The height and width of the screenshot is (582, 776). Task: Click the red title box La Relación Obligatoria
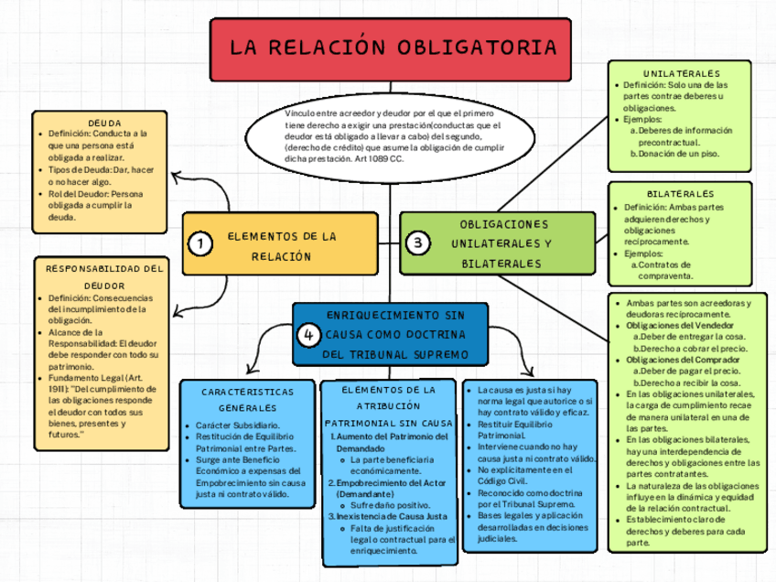pyautogui.click(x=392, y=48)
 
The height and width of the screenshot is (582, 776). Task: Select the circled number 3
pyautogui.click(x=417, y=243)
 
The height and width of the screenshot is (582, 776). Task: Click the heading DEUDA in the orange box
pyautogui.click(x=104, y=122)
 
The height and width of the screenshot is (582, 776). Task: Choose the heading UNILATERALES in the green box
pyautogui.click(x=681, y=73)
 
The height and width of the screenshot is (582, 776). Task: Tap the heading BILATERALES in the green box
pyautogui.click(x=680, y=194)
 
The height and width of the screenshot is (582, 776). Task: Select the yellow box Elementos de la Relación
pyautogui.click(x=280, y=244)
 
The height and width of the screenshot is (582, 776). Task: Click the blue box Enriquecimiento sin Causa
pyautogui.click(x=395, y=334)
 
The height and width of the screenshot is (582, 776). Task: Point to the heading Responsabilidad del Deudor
pyautogui.click(x=104, y=276)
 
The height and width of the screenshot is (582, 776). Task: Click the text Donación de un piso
pyautogui.click(x=678, y=154)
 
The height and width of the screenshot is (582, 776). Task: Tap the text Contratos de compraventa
pyautogui.click(x=671, y=270)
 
